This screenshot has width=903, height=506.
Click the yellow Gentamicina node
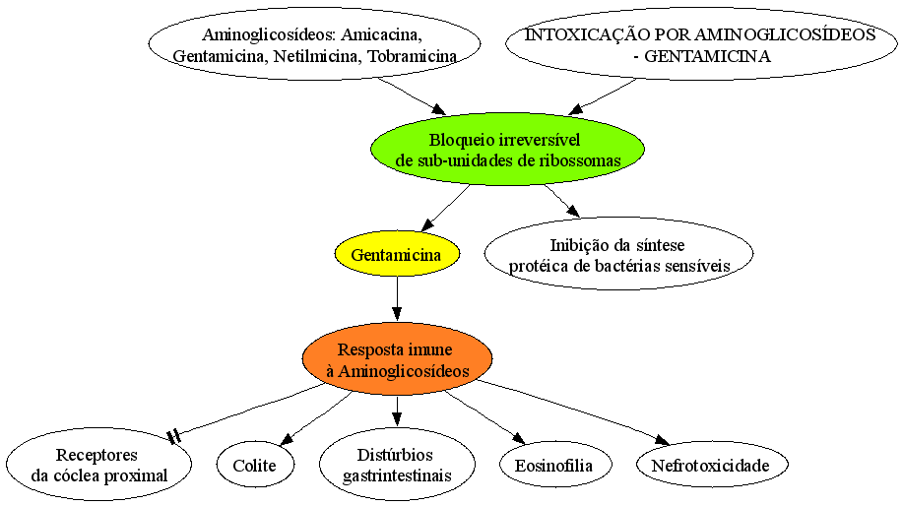(x=397, y=254)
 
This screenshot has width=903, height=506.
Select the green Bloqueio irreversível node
(x=507, y=149)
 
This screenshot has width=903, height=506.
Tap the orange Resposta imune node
(x=398, y=358)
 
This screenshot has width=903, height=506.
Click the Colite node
(x=255, y=465)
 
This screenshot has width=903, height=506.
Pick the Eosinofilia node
(x=554, y=465)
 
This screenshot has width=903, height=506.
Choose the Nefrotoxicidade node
(x=711, y=465)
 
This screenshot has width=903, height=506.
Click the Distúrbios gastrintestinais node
(x=397, y=465)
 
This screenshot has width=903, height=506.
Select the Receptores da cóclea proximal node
(x=99, y=465)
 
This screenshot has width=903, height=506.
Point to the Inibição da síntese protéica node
(x=619, y=254)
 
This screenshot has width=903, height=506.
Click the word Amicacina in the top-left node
(x=382, y=34)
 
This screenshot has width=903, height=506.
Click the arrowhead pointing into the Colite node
(x=287, y=439)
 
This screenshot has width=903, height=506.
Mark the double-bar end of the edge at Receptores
(x=174, y=437)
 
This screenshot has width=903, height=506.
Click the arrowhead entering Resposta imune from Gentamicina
(x=397, y=314)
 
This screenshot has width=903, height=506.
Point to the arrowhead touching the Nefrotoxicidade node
(x=662, y=440)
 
